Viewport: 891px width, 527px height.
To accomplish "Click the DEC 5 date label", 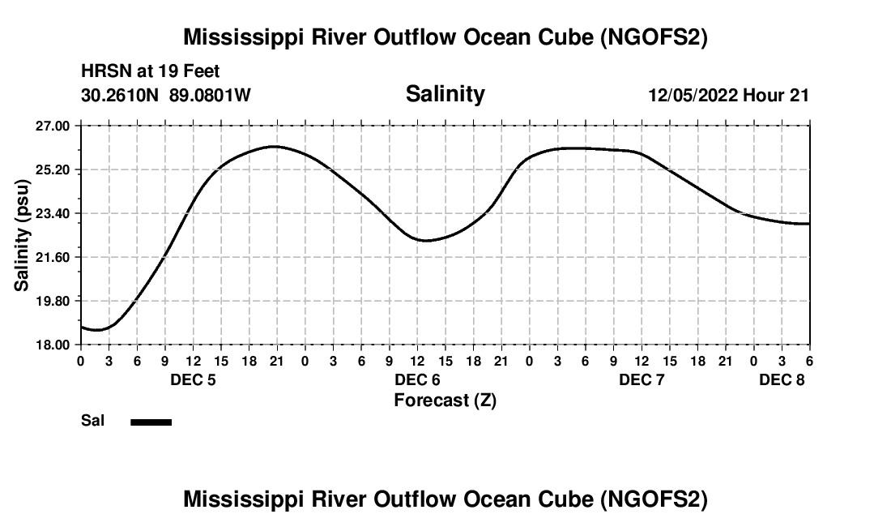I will (x=193, y=379).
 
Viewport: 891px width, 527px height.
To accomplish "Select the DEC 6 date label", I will (x=417, y=379).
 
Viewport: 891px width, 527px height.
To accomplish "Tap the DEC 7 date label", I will (x=642, y=379).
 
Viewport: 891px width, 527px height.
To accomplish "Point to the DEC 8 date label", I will (x=782, y=379).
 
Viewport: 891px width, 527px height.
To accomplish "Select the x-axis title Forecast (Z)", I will (x=445, y=400).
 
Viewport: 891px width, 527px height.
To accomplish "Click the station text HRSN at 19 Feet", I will (x=151, y=72).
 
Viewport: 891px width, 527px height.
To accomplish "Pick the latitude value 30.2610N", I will (x=122, y=95).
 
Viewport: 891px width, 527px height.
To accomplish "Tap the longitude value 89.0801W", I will (x=210, y=95).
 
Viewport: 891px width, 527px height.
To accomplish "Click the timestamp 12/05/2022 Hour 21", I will (x=728, y=95).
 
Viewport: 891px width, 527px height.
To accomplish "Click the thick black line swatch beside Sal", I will (x=151, y=422).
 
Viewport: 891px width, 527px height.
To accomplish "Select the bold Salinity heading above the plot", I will (x=445, y=94).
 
